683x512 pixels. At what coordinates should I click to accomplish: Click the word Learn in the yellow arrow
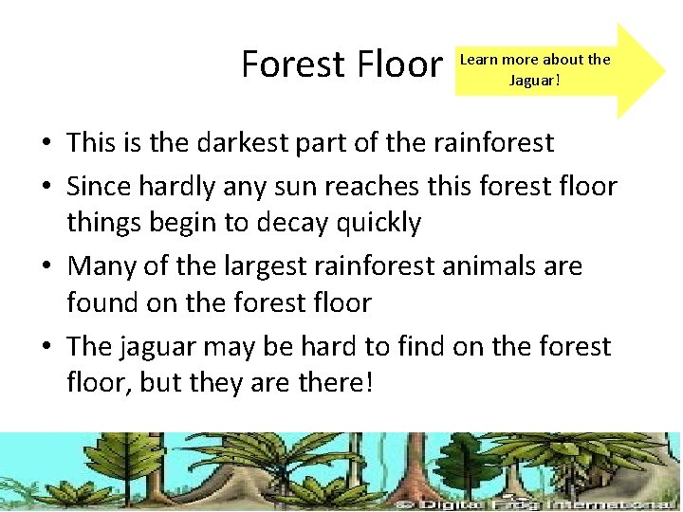(479, 60)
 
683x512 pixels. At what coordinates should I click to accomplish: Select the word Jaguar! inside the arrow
(534, 80)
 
